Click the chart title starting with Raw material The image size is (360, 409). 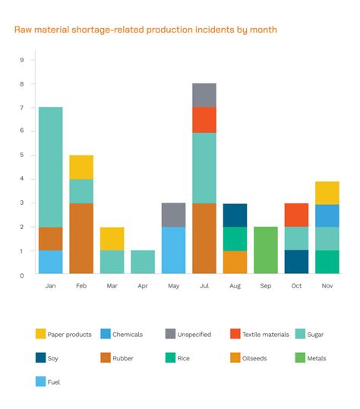(x=145, y=30)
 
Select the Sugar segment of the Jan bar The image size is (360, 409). (x=50, y=167)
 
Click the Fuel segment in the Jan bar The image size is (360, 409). (x=50, y=262)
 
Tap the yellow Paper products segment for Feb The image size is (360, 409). (x=81, y=167)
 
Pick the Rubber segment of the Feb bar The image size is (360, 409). (x=81, y=238)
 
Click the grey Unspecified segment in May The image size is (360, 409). (x=173, y=215)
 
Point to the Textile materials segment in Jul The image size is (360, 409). (x=204, y=119)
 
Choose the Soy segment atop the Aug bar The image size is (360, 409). (x=235, y=215)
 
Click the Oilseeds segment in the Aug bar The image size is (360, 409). (x=235, y=262)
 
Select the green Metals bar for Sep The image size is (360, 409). (x=265, y=250)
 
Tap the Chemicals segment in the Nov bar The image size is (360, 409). (x=327, y=216)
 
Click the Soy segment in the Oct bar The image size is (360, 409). (x=296, y=262)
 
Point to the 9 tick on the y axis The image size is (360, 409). (x=22, y=60)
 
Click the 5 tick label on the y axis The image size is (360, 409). (x=22, y=155)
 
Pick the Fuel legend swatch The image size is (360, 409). (x=40, y=382)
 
